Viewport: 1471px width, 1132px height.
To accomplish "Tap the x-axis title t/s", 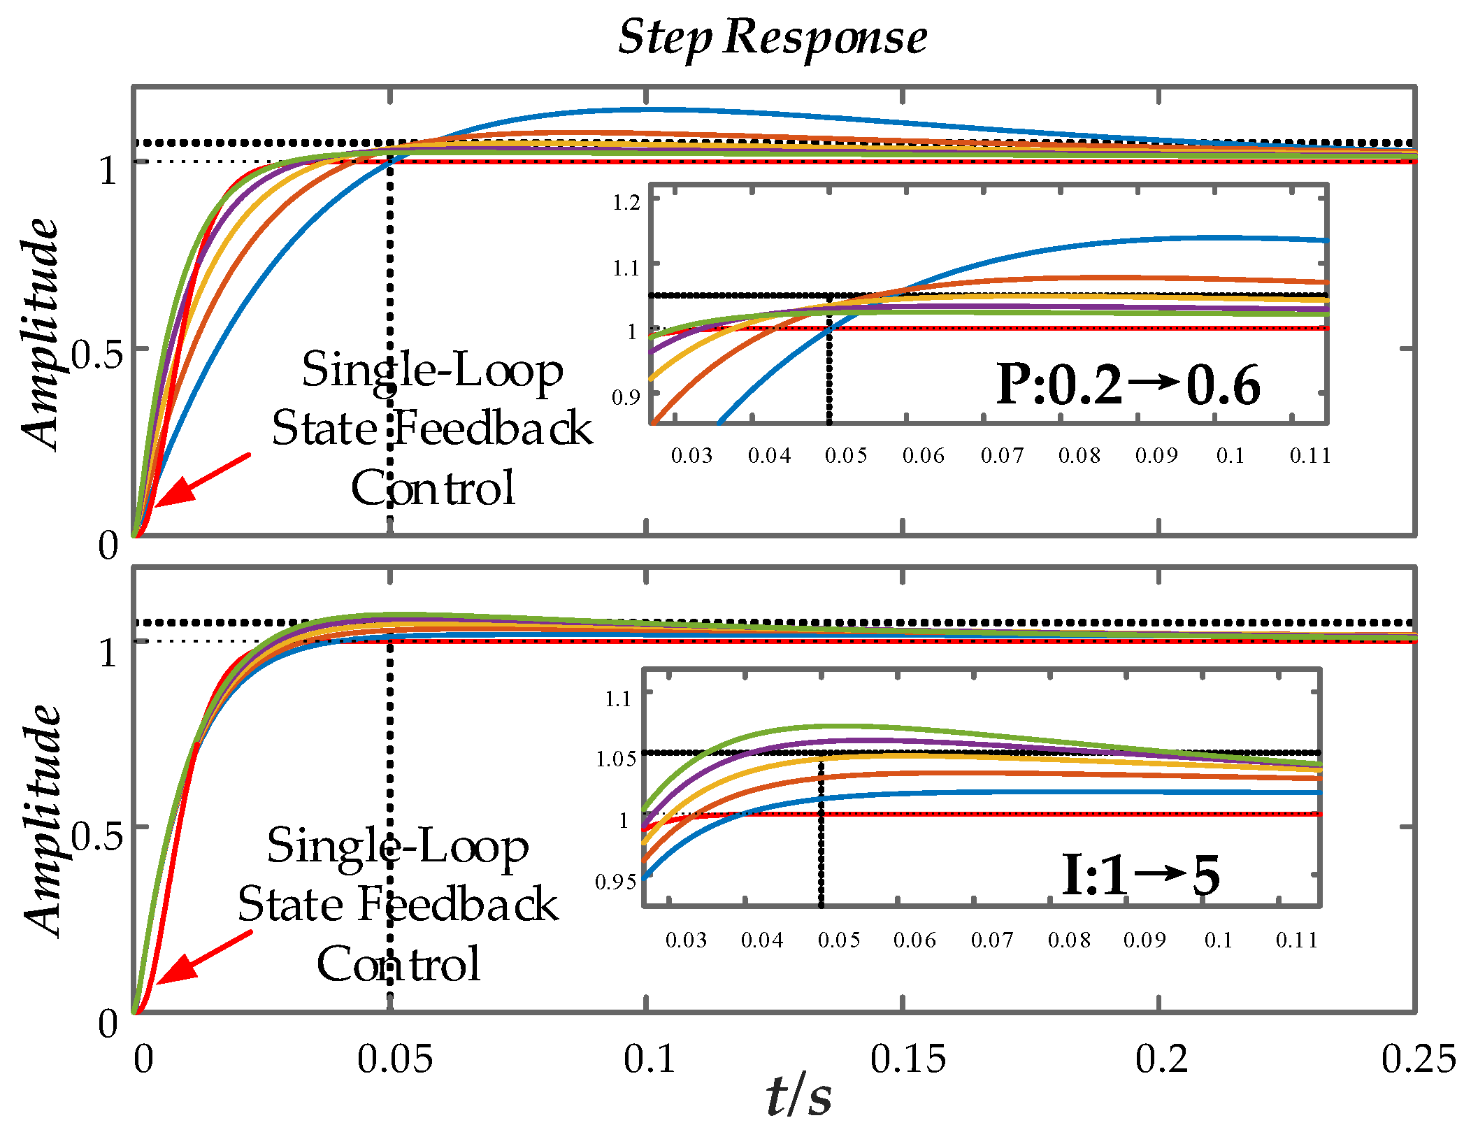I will tap(799, 1096).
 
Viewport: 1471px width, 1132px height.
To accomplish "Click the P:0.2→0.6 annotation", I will tap(1128, 385).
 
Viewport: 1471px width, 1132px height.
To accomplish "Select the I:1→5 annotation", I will tap(1140, 875).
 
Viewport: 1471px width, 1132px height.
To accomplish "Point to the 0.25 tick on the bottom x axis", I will tap(1418, 1058).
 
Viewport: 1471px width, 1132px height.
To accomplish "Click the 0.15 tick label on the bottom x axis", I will tap(907, 1058).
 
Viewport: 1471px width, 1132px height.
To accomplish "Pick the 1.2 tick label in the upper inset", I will tap(626, 203).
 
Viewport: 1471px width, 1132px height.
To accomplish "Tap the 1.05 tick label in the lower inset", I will tap(616, 759).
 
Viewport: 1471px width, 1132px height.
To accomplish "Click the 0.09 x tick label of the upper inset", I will tap(1156, 455).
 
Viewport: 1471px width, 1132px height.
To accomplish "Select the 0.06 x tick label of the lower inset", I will tap(914, 940).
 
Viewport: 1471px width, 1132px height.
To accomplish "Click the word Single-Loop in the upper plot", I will tap(432, 370).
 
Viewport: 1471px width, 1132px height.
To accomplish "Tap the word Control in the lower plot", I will tap(399, 964).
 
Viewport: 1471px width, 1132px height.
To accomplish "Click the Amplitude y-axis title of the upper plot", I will tap(40, 334).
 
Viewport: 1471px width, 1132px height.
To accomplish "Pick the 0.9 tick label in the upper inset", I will tap(626, 397).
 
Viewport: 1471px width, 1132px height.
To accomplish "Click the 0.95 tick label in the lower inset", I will tap(616, 882).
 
